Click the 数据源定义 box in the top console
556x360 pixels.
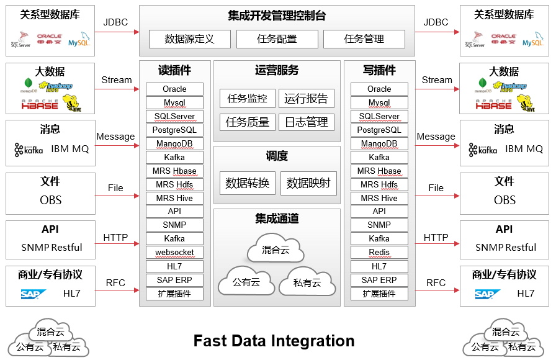(189, 39)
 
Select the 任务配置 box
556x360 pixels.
(277, 39)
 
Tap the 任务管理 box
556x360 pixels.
(364, 39)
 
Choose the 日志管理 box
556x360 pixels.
(306, 122)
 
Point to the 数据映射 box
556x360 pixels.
(308, 183)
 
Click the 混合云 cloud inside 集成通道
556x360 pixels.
(276, 250)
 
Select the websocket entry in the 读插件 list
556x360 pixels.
(174, 253)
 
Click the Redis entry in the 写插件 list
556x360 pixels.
(379, 253)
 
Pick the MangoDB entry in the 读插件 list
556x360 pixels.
(174, 143)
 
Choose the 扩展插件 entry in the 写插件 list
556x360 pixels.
(379, 294)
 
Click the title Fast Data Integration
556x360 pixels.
(274, 341)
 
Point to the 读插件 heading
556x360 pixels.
(174, 71)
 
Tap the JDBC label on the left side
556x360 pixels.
(115, 22)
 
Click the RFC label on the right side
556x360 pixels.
(436, 283)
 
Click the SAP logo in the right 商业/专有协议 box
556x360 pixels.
(488, 294)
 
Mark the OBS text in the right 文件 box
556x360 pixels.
(504, 200)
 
